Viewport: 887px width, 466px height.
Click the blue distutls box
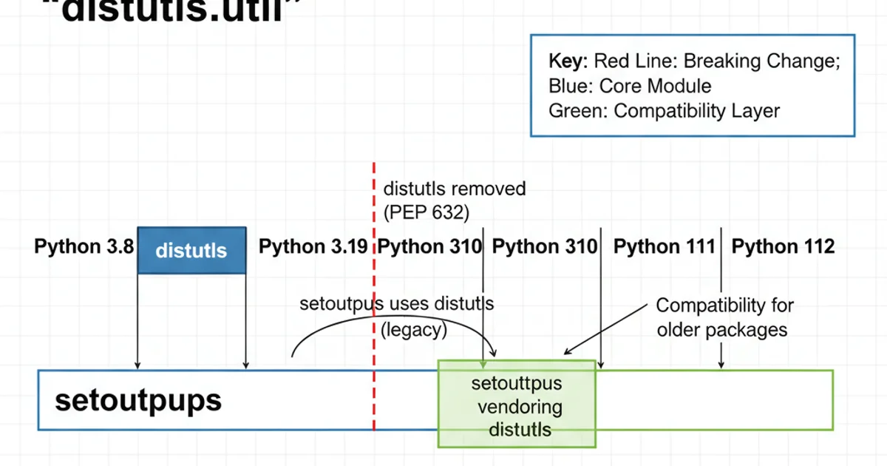tap(191, 250)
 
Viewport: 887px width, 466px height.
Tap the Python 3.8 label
tap(84, 247)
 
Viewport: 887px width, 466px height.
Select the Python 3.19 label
tap(313, 247)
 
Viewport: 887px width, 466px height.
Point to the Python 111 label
tap(664, 247)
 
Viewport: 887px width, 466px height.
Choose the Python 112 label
tap(783, 247)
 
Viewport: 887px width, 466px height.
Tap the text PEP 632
tap(426, 213)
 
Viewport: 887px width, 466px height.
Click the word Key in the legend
tap(568, 61)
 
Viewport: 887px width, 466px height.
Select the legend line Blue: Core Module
tap(630, 86)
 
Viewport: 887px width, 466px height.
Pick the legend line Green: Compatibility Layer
tap(664, 111)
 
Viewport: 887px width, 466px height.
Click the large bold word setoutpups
tap(138, 400)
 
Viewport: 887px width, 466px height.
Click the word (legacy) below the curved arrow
tap(413, 330)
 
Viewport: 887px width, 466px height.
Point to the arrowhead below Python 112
tap(721, 364)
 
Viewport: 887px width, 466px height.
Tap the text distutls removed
tap(455, 189)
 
